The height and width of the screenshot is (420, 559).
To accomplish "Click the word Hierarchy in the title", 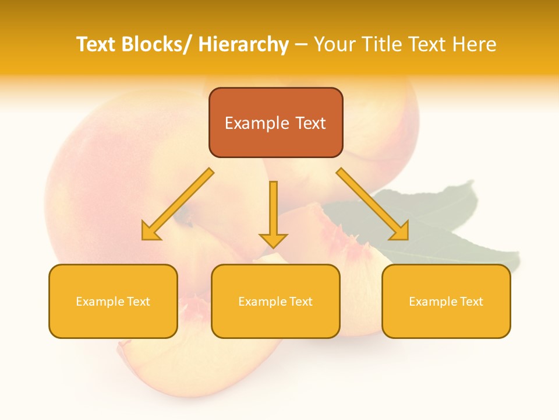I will (x=243, y=44).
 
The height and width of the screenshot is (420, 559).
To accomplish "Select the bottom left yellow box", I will (x=113, y=321).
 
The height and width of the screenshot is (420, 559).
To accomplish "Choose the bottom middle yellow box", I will (x=275, y=321).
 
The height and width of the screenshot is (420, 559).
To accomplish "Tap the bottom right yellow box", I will (x=446, y=321).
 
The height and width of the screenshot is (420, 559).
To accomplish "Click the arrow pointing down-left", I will (x=178, y=204).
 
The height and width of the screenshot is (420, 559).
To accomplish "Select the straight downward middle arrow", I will (x=273, y=210).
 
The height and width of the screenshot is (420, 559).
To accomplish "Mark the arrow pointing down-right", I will (x=373, y=204).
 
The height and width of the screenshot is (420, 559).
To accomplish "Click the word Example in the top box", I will (x=257, y=123).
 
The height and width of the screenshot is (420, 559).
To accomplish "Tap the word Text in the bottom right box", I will (x=470, y=302).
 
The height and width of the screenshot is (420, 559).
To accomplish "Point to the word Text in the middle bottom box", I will (x=300, y=302).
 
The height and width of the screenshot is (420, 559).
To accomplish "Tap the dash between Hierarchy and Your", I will (x=301, y=45).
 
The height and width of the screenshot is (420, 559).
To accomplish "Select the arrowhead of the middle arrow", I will (x=273, y=240).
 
